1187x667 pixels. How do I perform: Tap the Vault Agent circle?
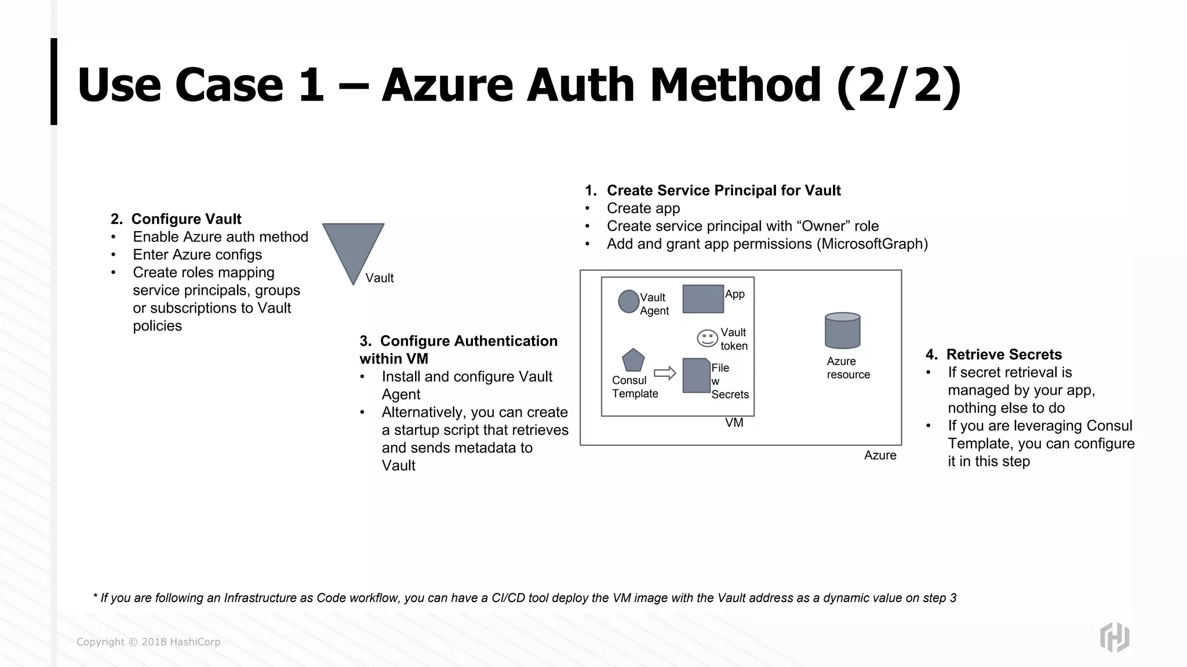click(628, 301)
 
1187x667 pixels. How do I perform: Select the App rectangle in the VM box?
click(702, 299)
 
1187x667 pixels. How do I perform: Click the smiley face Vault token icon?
click(707, 338)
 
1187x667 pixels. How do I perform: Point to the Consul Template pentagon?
click(633, 361)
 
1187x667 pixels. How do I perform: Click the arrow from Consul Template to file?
click(665, 373)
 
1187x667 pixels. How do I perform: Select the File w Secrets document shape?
click(696, 376)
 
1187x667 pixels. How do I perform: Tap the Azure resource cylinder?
click(842, 331)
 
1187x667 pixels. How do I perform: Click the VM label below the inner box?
click(734, 423)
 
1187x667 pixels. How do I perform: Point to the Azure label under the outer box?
click(880, 456)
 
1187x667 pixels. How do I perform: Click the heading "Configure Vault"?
click(186, 219)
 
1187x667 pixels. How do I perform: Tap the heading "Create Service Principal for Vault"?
click(723, 191)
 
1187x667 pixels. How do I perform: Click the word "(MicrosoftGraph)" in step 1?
click(872, 244)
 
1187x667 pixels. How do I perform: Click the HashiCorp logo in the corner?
click(1114, 637)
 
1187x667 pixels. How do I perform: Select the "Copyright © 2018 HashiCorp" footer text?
click(148, 642)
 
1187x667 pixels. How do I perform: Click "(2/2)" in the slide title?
click(898, 85)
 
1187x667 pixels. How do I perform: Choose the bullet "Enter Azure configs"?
click(197, 255)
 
